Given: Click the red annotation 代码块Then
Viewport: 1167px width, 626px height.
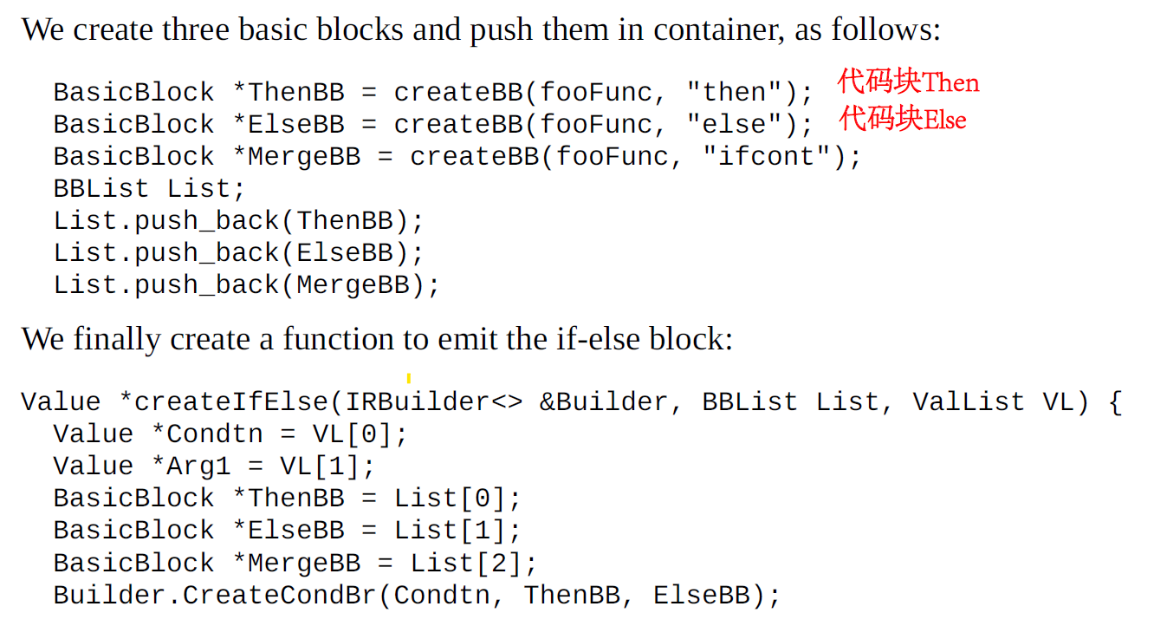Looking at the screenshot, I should click(908, 82).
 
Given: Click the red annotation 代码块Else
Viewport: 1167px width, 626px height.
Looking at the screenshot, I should click(902, 118).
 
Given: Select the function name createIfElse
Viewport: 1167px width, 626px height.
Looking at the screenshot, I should click(231, 402).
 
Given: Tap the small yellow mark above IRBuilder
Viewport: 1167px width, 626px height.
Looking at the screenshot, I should click(408, 378).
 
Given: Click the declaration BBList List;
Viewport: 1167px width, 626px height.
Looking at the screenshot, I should click(149, 189).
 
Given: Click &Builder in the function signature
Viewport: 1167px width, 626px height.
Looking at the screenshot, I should click(603, 402).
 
